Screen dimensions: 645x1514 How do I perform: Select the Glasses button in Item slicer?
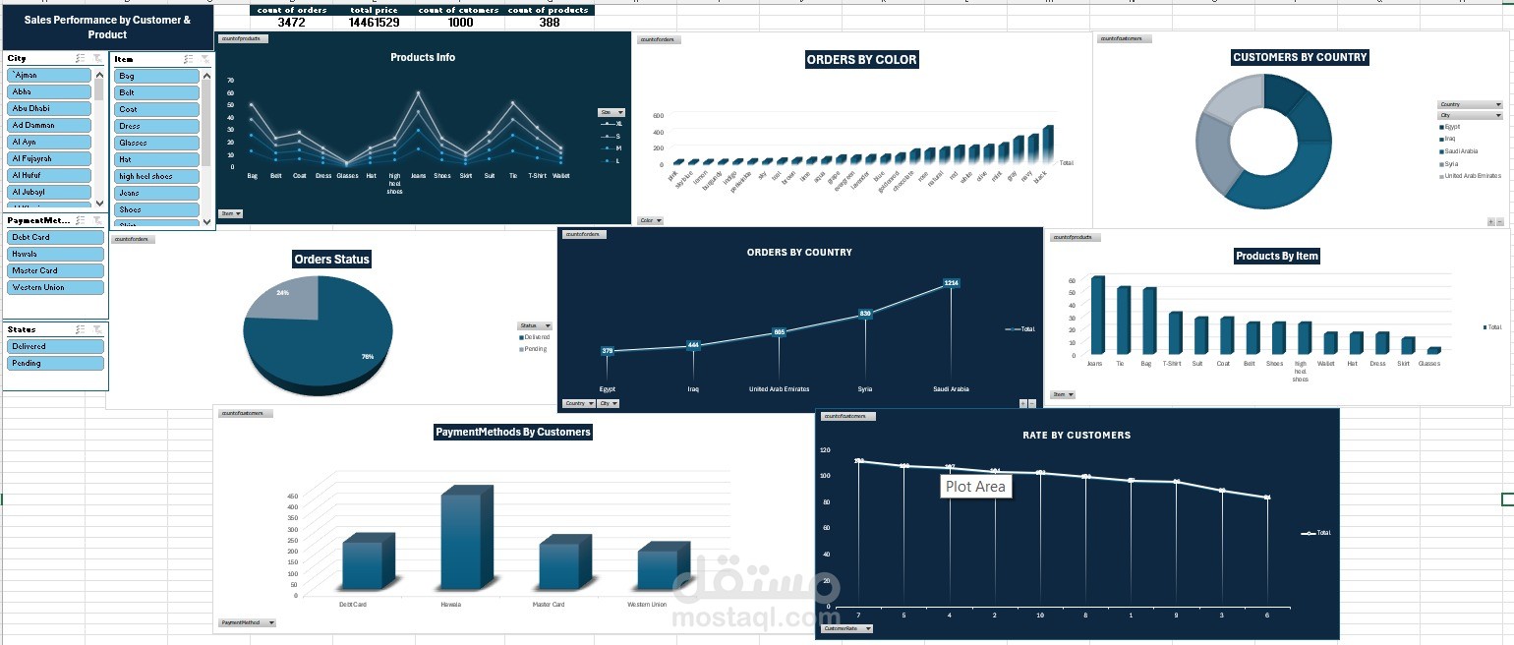155,143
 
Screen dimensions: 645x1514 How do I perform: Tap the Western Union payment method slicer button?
55,287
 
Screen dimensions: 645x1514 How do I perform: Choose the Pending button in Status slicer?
55,363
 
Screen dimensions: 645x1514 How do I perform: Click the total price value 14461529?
374,23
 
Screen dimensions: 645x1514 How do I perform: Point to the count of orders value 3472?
291,23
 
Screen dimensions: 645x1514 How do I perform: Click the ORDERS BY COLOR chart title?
861,60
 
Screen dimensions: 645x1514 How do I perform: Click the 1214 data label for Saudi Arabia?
951,283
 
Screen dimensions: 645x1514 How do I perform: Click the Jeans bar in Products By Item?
1097,316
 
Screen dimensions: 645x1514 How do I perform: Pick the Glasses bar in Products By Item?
1433,350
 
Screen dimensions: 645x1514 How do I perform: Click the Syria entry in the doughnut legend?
1451,163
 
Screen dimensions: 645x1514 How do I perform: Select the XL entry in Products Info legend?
617,124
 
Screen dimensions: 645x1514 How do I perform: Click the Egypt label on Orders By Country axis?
607,389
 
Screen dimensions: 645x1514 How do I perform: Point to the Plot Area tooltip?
975,486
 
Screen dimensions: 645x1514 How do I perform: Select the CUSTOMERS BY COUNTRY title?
1300,58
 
